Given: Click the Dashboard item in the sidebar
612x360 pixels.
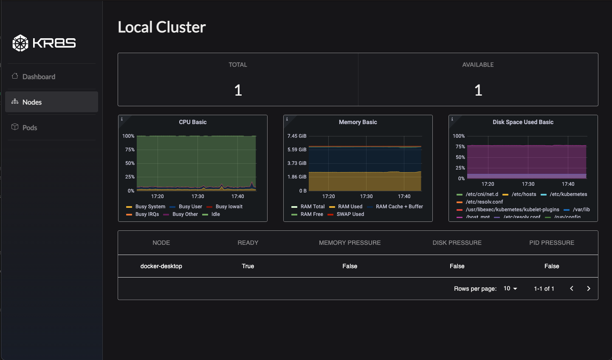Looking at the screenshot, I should [x=38, y=77].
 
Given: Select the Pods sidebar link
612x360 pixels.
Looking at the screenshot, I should [x=29, y=128].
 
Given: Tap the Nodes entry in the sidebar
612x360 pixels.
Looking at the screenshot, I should [x=32, y=102].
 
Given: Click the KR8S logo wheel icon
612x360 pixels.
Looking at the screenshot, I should [x=20, y=43].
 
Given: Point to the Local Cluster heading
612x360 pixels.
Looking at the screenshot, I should [x=161, y=27].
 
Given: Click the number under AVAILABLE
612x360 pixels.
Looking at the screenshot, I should [x=478, y=90].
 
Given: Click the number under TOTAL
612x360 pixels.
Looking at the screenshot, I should [x=238, y=90].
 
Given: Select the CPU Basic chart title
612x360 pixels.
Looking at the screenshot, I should [x=192, y=122].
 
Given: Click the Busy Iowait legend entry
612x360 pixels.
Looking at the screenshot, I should [x=229, y=207].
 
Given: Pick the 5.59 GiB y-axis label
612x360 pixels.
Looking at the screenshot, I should [x=297, y=150].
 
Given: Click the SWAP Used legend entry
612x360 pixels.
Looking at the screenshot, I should [x=350, y=214].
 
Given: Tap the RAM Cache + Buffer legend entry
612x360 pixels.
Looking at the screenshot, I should [x=399, y=207].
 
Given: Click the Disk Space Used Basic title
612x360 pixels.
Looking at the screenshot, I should [x=523, y=122].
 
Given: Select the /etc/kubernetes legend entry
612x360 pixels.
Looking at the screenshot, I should [x=568, y=194].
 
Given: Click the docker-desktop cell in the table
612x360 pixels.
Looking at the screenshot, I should [x=161, y=266].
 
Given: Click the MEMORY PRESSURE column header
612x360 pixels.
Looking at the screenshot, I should [x=350, y=243].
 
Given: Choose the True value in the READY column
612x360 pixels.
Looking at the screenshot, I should [x=248, y=266].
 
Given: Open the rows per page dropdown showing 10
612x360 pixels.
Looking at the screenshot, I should [x=510, y=289].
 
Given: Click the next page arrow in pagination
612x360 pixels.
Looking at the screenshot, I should [x=588, y=289].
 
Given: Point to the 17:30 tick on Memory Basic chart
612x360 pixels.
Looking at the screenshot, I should [x=366, y=196].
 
